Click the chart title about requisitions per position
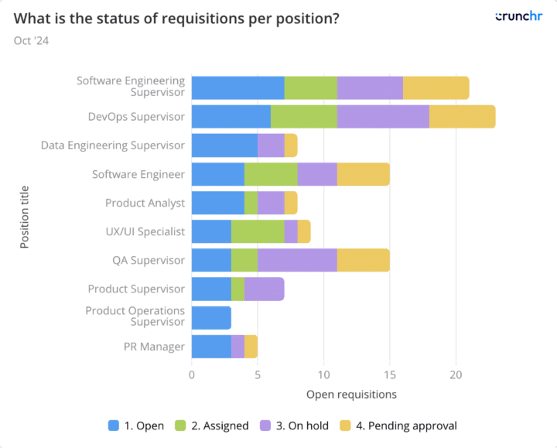(176, 18)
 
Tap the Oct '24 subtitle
(31, 41)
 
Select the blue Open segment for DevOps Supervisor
(231, 117)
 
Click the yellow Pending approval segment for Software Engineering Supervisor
(436, 87)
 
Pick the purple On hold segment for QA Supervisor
(297, 260)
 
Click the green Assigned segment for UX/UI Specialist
(257, 231)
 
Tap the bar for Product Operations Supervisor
(211, 317)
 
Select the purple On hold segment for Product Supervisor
(264, 289)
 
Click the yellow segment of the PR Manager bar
(251, 347)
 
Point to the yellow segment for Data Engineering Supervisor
(290, 145)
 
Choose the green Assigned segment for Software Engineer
(271, 174)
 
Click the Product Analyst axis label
(145, 203)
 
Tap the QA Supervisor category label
(149, 260)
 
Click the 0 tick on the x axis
(192, 374)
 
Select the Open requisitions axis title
(351, 395)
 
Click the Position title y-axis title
(25, 217)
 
